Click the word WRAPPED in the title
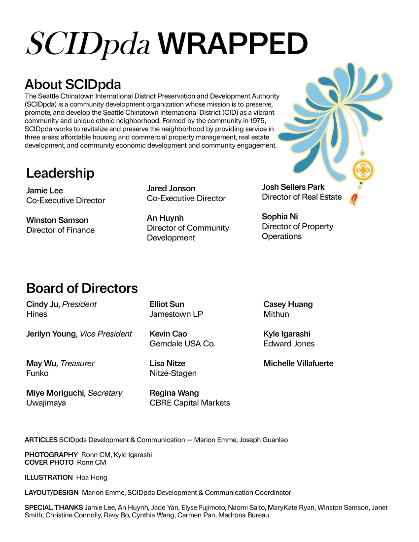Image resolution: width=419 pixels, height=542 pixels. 233,44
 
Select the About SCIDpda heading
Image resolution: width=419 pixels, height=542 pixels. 72,84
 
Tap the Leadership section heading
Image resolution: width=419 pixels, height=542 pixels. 60,173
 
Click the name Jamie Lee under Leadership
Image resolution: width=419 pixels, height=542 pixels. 45,191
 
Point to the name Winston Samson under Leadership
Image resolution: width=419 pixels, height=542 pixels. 57,220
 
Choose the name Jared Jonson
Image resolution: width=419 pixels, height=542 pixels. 171,189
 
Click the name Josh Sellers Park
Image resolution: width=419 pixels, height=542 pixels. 293,187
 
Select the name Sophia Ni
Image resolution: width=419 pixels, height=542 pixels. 280,217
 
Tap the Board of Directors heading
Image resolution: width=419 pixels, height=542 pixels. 82,288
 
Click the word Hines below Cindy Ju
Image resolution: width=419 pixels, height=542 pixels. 37,314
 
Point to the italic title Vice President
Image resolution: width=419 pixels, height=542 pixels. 106,334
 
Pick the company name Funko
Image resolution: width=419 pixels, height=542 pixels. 37,373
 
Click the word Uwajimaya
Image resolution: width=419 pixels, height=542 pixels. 46,403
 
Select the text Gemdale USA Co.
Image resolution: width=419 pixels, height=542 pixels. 182,344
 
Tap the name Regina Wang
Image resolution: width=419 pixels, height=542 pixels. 175,393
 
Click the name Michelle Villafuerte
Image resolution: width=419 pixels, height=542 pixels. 298,364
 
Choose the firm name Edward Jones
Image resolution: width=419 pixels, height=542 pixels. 289,344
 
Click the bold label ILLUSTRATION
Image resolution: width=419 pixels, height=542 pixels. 49,477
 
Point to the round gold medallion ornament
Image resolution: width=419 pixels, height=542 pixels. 363,170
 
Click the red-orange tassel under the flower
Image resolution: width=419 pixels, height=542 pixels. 353,200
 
